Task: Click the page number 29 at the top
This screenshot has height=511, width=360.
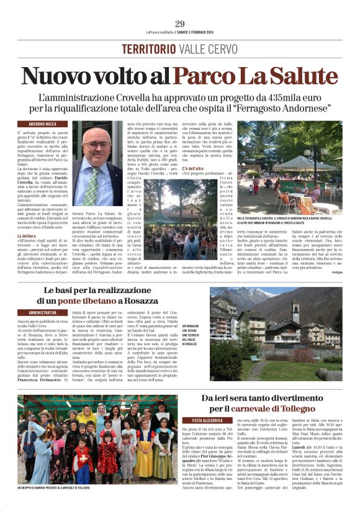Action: (x=179, y=24)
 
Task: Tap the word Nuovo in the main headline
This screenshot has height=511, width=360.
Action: (x=68, y=76)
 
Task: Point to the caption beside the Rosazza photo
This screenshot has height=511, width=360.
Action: (x=195, y=334)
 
